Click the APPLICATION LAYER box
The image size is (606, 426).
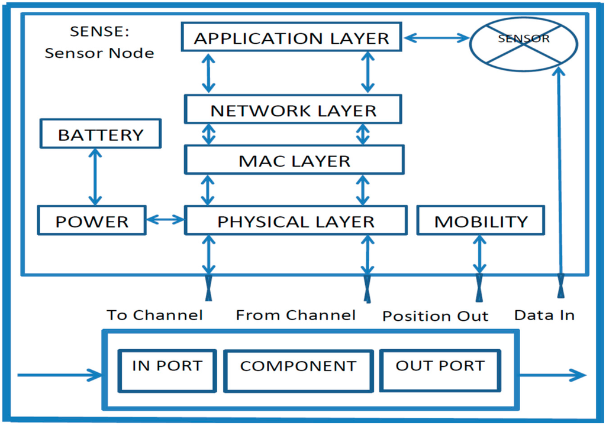(x=291, y=38)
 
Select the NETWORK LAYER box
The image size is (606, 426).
(x=293, y=110)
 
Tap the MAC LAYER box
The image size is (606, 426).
(x=294, y=161)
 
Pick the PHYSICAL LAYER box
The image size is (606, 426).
(x=295, y=222)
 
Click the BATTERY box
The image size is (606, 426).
(x=101, y=135)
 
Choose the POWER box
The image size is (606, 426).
(x=92, y=222)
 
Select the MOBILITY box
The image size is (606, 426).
(x=481, y=222)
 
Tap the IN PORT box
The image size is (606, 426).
(x=167, y=370)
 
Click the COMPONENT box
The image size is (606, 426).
(x=298, y=370)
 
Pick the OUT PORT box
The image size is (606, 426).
(x=440, y=370)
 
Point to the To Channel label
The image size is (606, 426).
(x=155, y=314)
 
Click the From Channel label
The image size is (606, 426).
(x=295, y=315)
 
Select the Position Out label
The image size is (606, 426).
(x=435, y=316)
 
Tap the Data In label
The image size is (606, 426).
(x=544, y=314)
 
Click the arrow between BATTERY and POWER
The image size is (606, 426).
(x=94, y=177)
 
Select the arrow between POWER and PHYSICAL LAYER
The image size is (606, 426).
(x=165, y=220)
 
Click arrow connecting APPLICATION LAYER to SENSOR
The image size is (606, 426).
(x=436, y=38)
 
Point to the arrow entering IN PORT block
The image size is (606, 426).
(x=59, y=375)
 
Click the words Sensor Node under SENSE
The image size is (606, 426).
(x=99, y=53)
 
